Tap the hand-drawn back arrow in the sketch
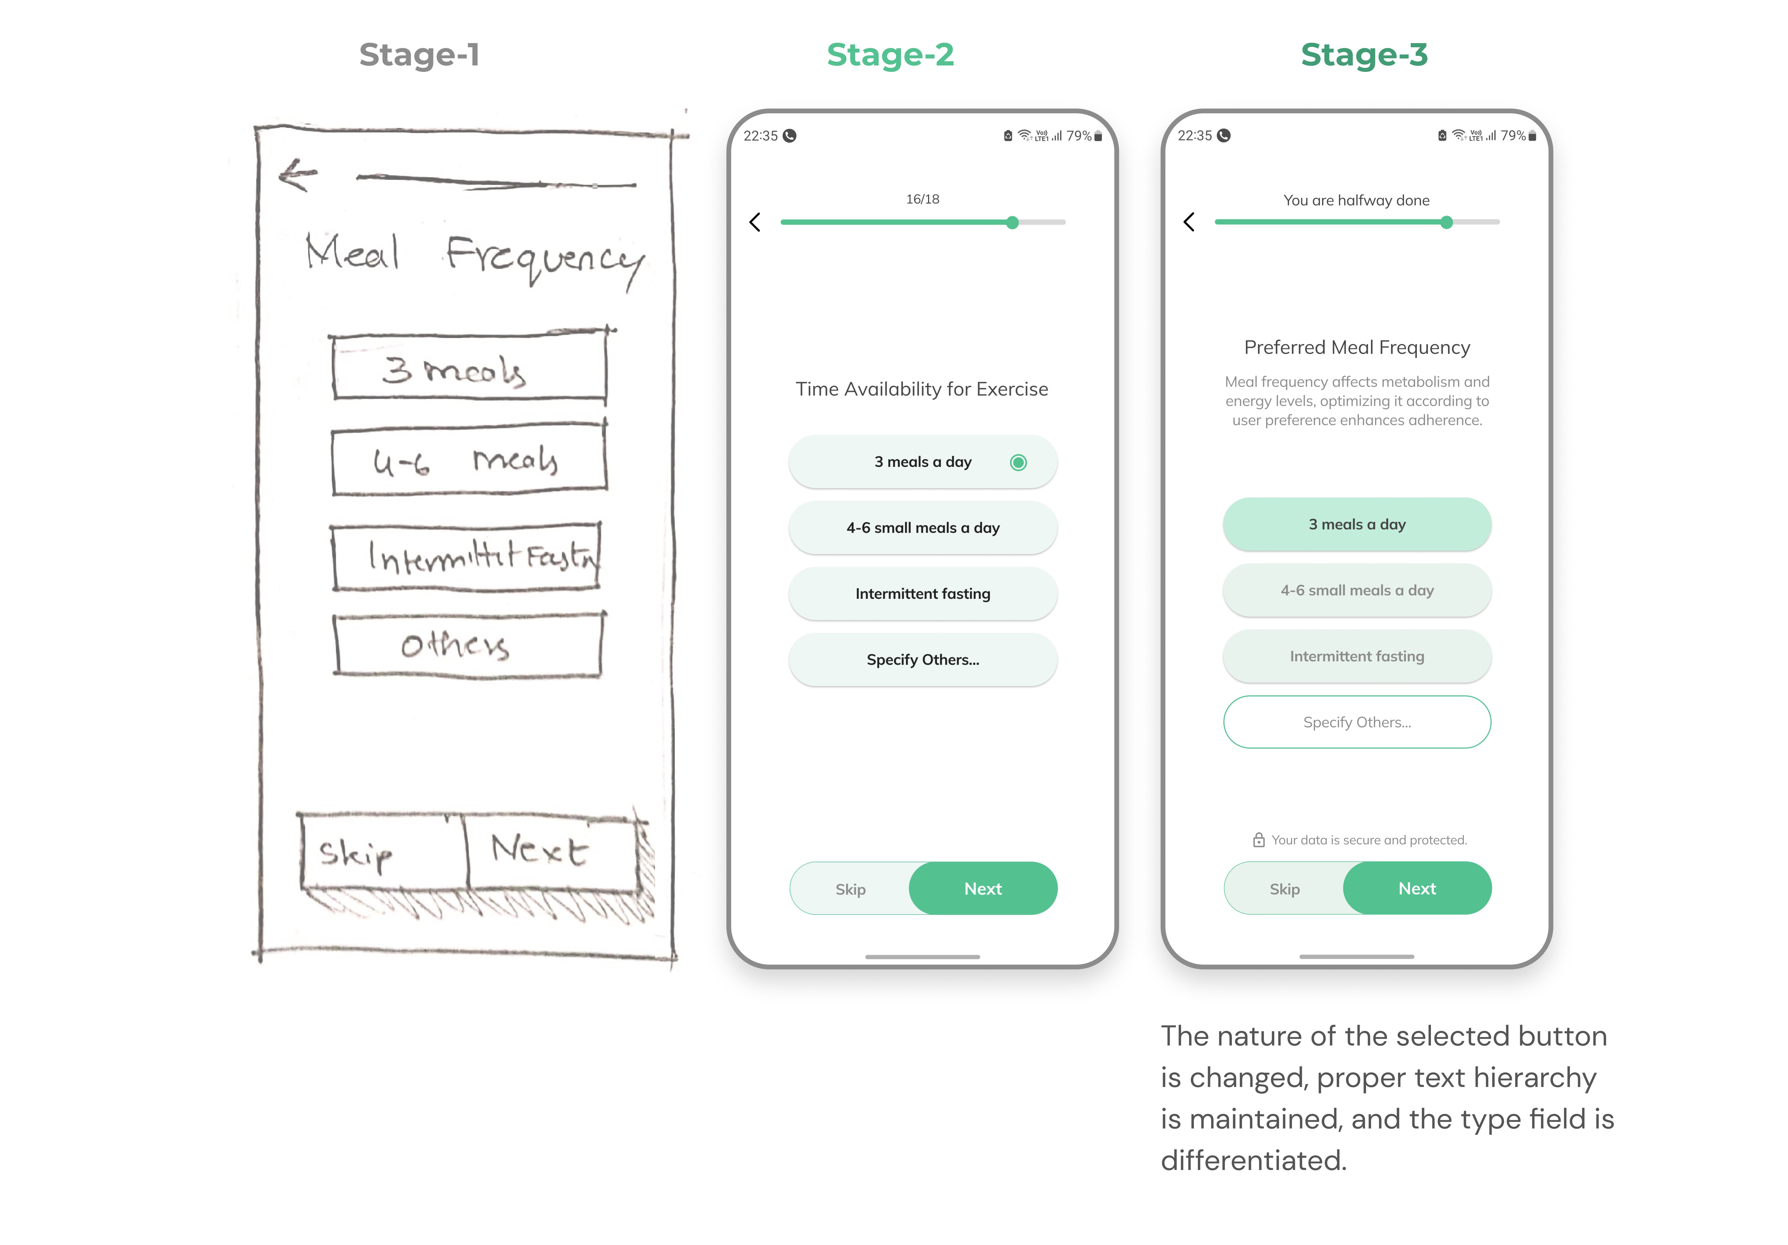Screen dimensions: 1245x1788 click(297, 175)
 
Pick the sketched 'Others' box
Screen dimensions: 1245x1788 click(467, 645)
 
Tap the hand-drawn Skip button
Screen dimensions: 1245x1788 click(382, 853)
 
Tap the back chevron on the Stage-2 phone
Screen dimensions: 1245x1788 click(755, 223)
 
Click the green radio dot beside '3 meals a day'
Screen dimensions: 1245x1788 click(1018, 463)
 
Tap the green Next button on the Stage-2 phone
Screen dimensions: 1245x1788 click(983, 889)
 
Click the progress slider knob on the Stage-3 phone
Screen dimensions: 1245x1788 click(1446, 223)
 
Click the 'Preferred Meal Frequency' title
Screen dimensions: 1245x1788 click(1357, 347)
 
